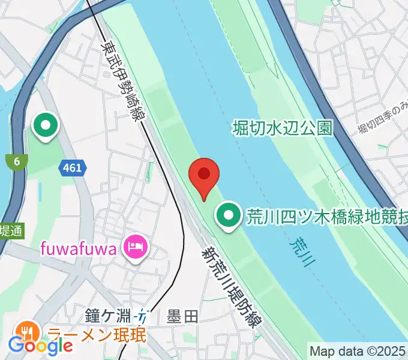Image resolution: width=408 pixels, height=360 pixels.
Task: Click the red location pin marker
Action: pos(204,175)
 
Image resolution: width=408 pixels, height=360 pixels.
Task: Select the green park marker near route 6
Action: pos(46,126)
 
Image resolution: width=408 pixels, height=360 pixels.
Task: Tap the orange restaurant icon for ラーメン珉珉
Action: pos(27,332)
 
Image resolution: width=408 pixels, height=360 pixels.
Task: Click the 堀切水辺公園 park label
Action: pos(282,127)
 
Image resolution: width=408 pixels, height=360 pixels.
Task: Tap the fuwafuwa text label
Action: pos(78,247)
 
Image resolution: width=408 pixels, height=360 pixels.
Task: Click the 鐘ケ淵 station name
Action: pos(108,315)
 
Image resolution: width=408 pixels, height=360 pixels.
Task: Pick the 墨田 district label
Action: pos(182,316)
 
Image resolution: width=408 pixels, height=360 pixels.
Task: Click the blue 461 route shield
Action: pos(72,169)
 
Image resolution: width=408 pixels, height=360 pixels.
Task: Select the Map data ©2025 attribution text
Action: pos(358,350)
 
